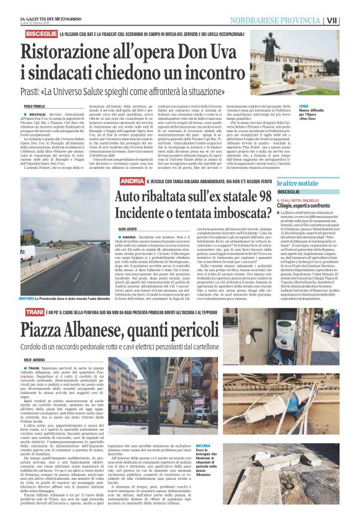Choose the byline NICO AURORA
(35, 359)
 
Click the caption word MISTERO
(27, 298)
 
